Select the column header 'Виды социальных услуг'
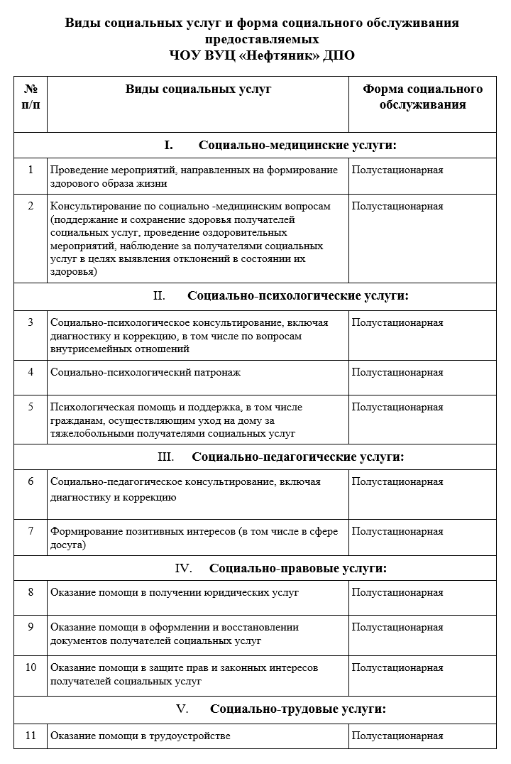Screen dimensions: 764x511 198,89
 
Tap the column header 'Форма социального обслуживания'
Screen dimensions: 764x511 422,97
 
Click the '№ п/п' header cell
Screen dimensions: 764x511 31,97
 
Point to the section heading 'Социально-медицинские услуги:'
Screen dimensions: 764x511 297,145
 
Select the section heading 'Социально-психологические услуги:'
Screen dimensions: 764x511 298,295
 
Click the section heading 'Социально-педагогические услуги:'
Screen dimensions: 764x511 298,457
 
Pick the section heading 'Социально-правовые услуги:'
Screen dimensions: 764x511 298,568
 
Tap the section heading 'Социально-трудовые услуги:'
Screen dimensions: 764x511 298,709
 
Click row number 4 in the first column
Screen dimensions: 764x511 31,372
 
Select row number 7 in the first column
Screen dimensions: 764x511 31,531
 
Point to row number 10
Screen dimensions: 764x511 31,667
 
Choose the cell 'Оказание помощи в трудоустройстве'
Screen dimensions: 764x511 141,736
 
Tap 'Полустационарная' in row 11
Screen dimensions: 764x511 397,736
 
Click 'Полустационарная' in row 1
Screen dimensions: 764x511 397,170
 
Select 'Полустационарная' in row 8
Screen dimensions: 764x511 397,592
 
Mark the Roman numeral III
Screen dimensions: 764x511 165,457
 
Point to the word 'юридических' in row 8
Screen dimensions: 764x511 214,592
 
